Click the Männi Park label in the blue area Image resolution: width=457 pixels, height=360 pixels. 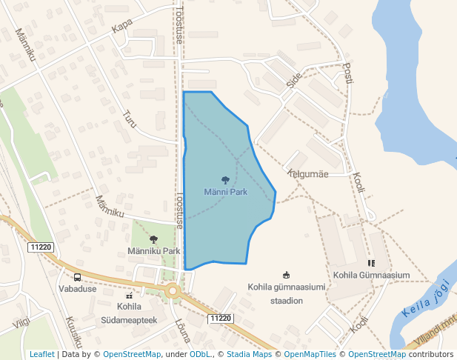point(225,192)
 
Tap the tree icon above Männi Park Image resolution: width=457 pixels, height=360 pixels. point(225,180)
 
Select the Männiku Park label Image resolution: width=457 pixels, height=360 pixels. point(153,251)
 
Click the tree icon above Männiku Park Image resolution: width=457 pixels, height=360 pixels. point(153,239)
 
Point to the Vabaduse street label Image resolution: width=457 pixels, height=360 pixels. point(77,289)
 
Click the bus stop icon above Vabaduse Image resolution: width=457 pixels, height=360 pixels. point(78,277)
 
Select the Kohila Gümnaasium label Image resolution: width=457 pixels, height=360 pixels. point(371,276)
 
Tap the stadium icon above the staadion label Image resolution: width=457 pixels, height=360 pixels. point(287,276)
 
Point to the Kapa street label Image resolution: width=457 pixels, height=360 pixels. point(121,27)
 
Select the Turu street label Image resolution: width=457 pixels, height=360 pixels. point(130,119)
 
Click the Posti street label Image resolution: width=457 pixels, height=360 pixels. point(348,72)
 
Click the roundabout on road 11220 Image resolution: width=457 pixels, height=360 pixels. point(173,291)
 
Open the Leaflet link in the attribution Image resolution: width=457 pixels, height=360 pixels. point(41,355)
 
